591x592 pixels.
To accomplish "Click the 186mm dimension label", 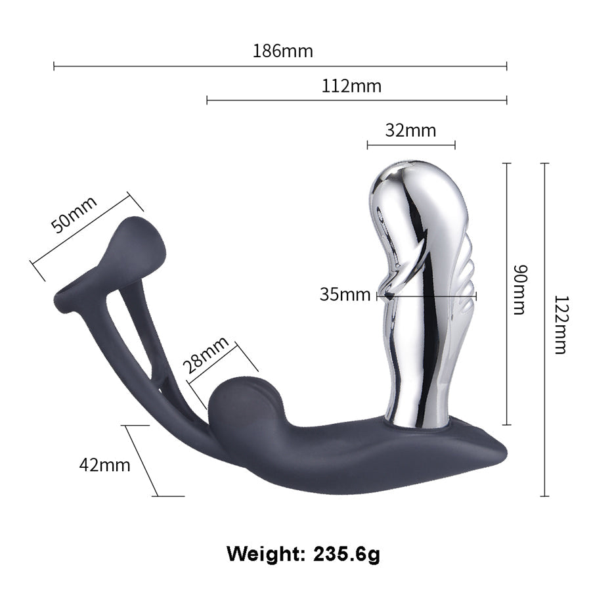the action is coord(282,51).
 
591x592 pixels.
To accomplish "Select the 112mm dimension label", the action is coord(351,86).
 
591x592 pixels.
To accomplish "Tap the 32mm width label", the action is coord(410,131).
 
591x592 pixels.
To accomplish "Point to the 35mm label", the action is coord(345,294).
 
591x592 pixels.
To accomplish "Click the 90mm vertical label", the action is coord(519,290).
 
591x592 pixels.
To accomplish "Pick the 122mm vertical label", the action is coord(560,325).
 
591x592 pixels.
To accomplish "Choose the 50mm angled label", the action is coord(74,214).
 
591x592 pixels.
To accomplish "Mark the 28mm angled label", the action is coord(206,355).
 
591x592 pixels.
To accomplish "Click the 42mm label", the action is coord(104,465).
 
